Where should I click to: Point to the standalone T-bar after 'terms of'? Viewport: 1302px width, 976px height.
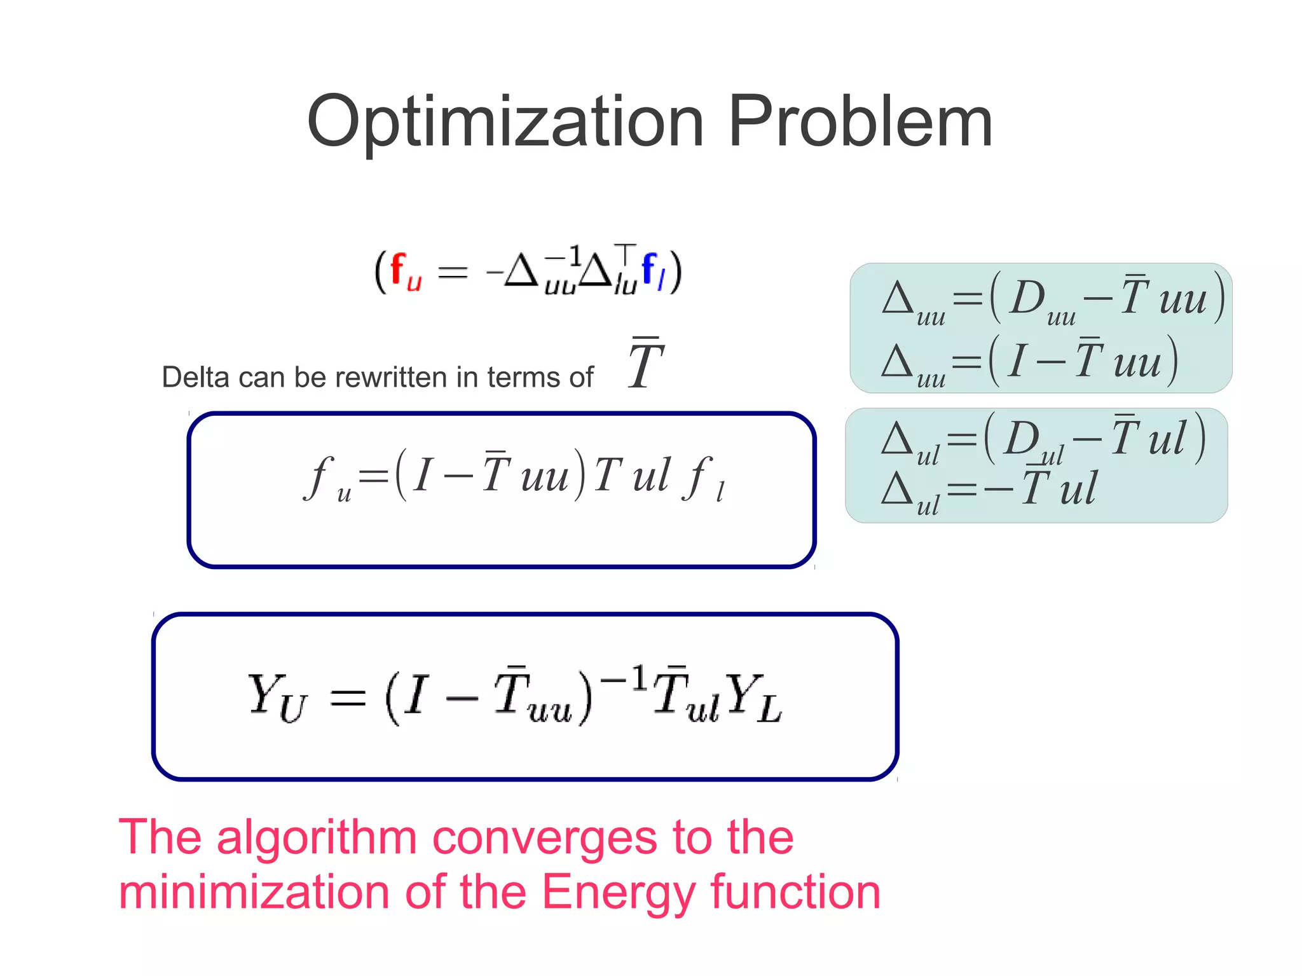645,364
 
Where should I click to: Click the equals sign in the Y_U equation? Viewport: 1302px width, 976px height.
348,698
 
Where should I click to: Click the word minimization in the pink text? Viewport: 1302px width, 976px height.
254,892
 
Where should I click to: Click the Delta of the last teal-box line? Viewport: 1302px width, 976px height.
896,490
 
